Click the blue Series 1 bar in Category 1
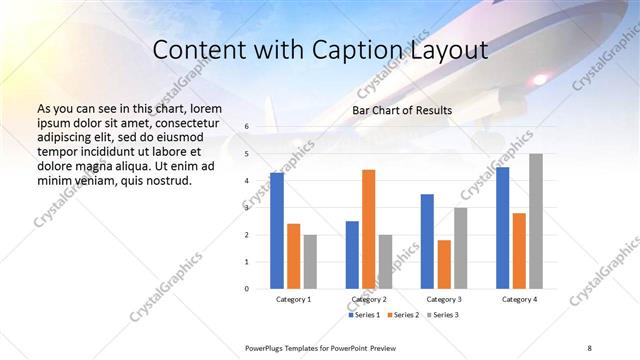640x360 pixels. [277, 230]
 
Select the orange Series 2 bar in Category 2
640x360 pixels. [368, 229]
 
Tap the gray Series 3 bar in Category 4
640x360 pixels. [536, 221]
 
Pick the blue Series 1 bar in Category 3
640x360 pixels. [427, 241]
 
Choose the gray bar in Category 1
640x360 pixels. [310, 262]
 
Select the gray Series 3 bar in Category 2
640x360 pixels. [386, 262]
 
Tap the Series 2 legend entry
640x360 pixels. [401, 315]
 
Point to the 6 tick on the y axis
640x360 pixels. [246, 127]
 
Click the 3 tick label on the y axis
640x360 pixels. [246, 208]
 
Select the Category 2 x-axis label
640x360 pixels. [369, 299]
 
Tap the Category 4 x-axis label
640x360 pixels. [519, 299]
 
